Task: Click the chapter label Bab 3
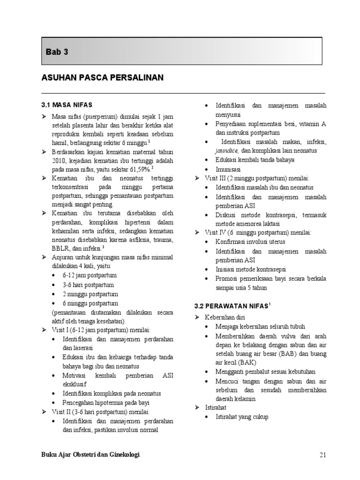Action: pos(57,52)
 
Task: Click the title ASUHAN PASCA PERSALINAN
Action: pos(102,78)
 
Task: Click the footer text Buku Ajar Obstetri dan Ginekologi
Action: pos(90,454)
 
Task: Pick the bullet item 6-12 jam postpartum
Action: pos(90,275)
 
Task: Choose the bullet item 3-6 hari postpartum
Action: pos(88,285)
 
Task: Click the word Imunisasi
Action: pos(228,169)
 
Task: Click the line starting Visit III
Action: pos(257,178)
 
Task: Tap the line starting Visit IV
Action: pos(258,232)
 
